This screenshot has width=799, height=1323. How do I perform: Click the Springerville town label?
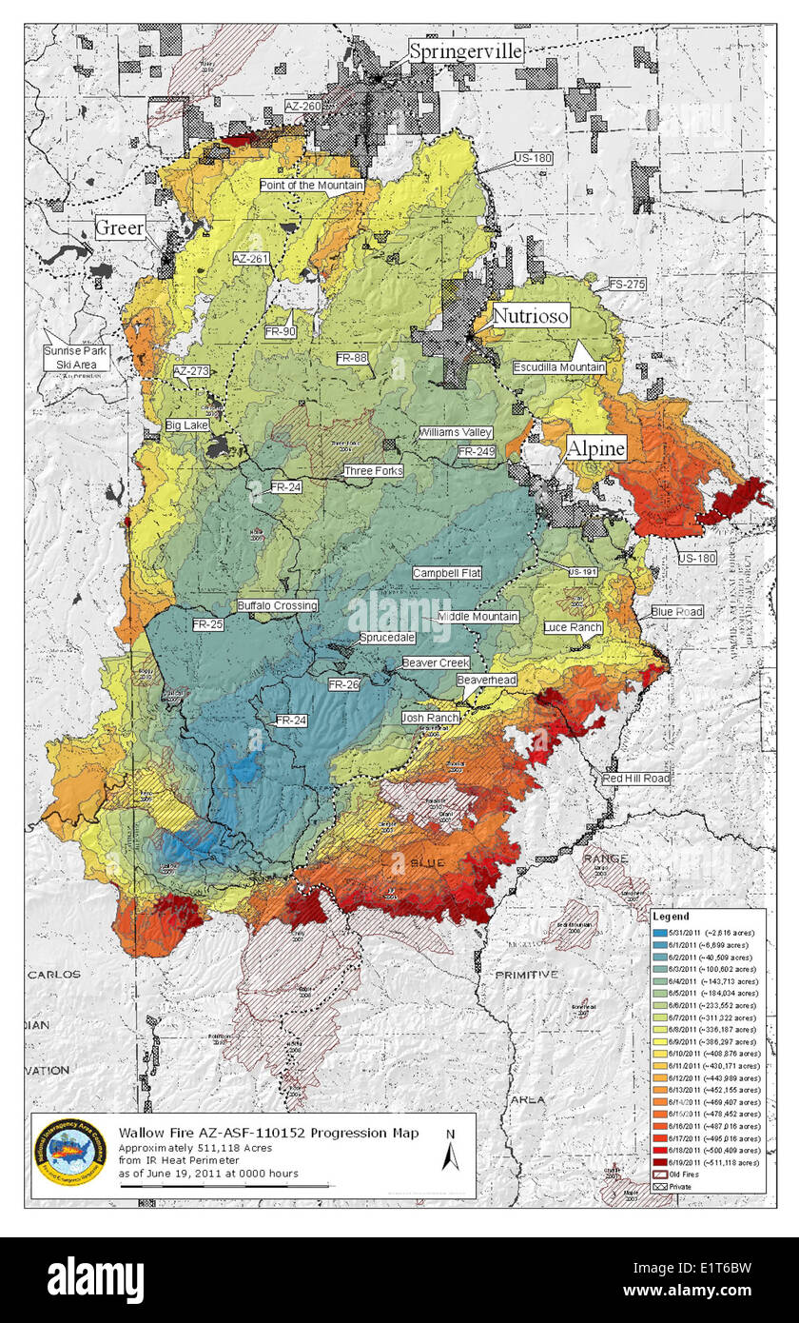(x=466, y=51)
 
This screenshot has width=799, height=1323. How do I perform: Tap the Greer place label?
(x=119, y=227)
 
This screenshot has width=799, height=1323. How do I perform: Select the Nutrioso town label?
(x=530, y=315)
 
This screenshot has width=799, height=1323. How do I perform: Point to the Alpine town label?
(x=596, y=448)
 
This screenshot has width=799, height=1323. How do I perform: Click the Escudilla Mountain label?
(x=559, y=367)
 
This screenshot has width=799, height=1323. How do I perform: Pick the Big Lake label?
(x=186, y=425)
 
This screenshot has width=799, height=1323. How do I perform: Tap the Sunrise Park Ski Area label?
(x=76, y=357)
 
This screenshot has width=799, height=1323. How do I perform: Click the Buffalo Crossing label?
(x=277, y=605)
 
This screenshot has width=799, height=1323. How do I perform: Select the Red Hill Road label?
(x=635, y=779)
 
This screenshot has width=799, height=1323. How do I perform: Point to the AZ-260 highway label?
(x=304, y=107)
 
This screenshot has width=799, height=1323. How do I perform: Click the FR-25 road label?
(x=207, y=624)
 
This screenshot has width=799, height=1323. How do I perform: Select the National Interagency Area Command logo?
(x=69, y=1153)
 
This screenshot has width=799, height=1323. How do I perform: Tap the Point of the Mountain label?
(x=312, y=186)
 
